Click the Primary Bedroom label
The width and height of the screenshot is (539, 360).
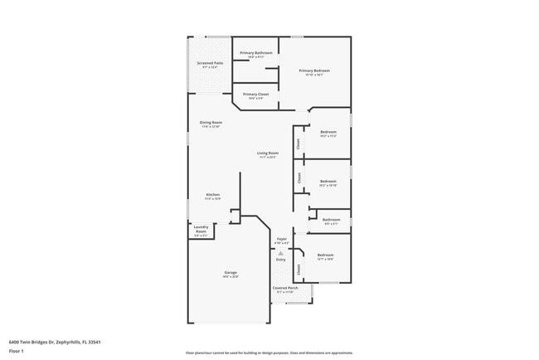coord(314,71)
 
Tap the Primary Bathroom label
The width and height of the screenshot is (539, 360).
coord(256,53)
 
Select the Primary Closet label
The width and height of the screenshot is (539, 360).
coord(255,95)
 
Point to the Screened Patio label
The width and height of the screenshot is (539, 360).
coord(210,63)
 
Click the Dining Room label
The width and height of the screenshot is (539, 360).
coord(211,123)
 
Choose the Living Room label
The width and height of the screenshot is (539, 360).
coord(267,153)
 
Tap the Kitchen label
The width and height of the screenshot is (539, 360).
coord(213,195)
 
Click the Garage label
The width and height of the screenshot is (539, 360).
coord(231,272)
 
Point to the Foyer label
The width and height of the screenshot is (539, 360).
coord(282,239)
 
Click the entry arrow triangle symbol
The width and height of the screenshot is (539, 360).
coord(280,253)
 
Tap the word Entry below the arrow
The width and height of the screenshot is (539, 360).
coord(280,260)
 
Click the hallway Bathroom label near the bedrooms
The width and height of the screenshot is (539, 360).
coord(331,220)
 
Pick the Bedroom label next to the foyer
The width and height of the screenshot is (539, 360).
coord(325,255)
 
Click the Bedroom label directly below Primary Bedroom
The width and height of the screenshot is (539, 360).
coord(328,133)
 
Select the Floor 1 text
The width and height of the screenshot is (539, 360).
coord(17,351)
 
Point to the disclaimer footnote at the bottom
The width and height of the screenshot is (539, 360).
coord(269,352)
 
